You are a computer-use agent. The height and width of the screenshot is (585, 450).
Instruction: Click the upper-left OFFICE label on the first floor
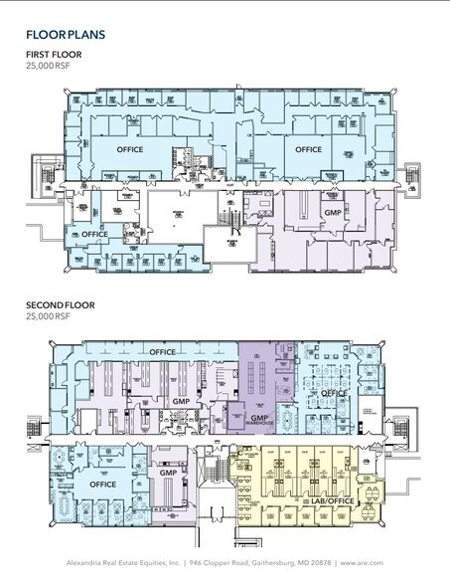130,149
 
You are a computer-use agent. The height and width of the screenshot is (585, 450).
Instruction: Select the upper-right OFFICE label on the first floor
308,149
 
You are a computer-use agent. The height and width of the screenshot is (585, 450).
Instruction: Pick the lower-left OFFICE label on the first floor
94,233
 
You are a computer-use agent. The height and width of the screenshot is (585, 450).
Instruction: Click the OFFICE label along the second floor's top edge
162,351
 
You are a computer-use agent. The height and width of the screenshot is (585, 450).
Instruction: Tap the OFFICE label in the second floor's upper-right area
332,392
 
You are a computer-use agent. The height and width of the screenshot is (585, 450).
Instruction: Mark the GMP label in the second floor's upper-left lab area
181,401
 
